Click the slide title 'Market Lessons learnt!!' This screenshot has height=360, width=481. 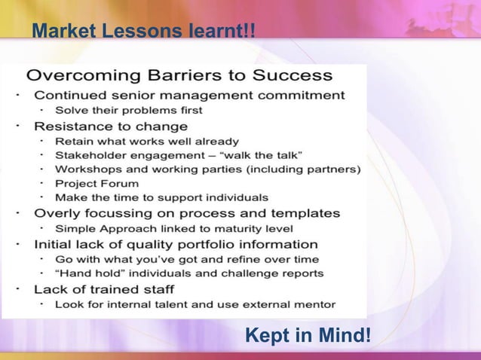tap(142, 32)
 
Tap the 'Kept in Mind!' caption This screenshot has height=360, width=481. tap(308, 332)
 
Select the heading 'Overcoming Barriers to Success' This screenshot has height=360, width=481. tap(179, 75)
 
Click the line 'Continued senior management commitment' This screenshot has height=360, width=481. tap(189, 96)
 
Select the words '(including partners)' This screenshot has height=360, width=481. tap(300, 169)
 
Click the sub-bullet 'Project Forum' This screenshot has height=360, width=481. tap(97, 183)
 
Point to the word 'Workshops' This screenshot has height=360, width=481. tap(85, 169)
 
